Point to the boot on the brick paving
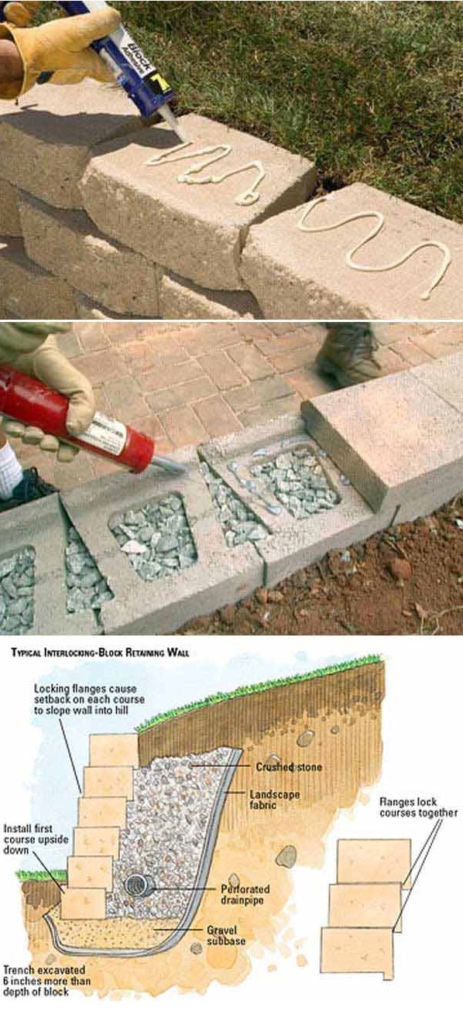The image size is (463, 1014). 348,351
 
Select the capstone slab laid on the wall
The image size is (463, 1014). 379,437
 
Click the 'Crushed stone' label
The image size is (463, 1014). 289,767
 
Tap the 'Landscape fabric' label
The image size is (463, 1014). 276,800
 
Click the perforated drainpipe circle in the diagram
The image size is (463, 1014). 139,885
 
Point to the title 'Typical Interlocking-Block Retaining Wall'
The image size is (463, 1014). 101,653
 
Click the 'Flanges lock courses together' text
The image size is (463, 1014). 418,807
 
